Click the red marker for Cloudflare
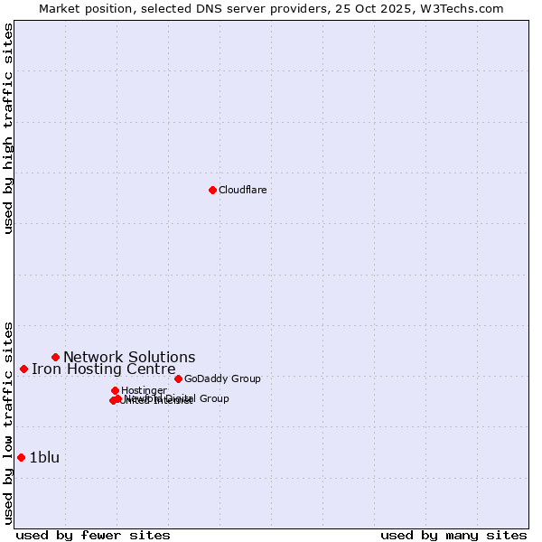coord(212,190)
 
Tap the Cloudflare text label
coord(242,190)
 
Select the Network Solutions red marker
coord(55,357)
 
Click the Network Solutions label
coord(129,357)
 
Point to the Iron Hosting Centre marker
coord(23,369)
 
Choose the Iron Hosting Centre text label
coord(104,369)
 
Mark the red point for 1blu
coord(21,457)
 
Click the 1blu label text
coord(44,457)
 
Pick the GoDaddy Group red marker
coord(178,378)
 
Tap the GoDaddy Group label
coord(222,378)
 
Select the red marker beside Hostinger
coord(115,390)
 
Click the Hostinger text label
coord(144,390)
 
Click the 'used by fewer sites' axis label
coord(93,535)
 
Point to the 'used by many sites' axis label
coord(453,535)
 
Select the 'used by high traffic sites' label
coord(8,129)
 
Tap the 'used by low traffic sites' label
coord(8,423)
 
